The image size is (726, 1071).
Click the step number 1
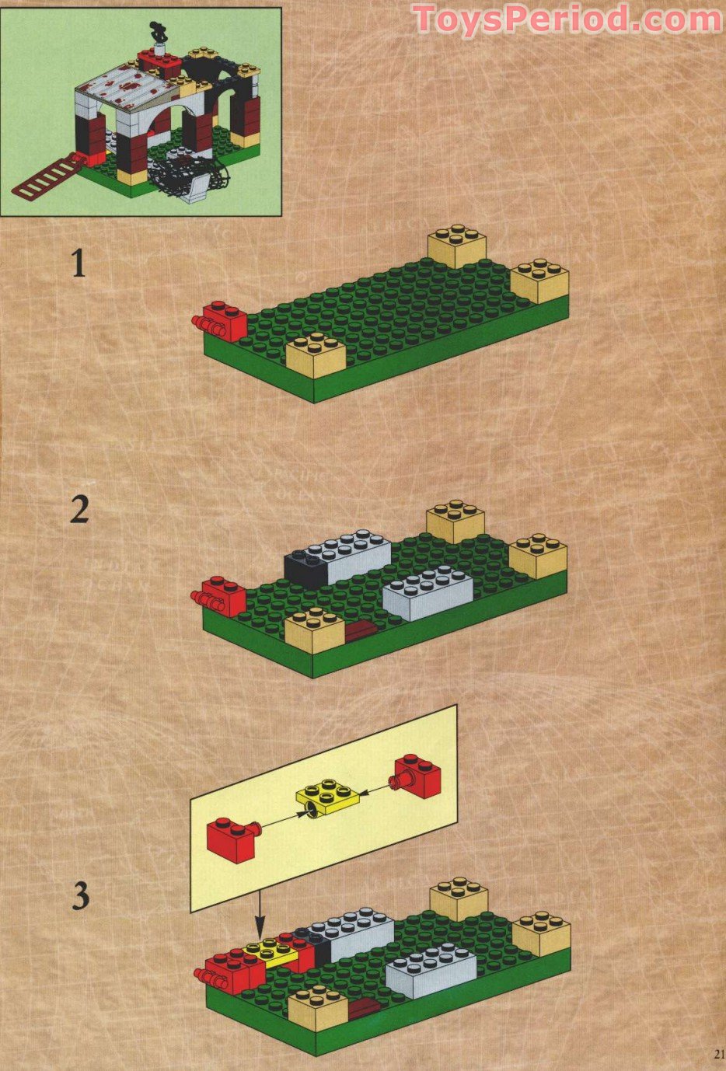click(78, 263)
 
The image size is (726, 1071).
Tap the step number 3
click(80, 896)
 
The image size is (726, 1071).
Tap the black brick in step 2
click(304, 566)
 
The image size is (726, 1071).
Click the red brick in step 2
click(221, 597)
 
